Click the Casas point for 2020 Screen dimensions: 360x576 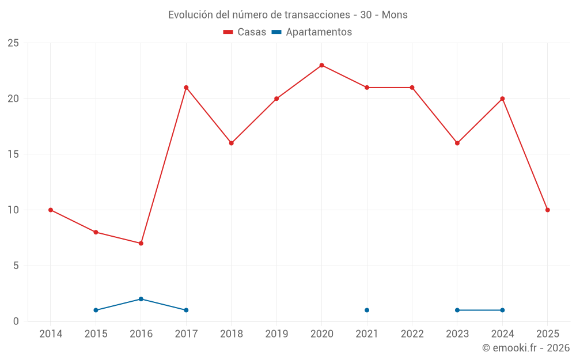pos(321,65)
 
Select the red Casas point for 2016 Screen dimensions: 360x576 pos(141,243)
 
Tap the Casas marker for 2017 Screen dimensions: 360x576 pos(186,88)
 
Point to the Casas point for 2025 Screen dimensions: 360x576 pos(547,210)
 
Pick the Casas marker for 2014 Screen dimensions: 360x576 pos(51,210)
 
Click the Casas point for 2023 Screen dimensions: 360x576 pos(457,143)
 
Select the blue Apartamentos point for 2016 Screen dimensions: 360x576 pos(141,299)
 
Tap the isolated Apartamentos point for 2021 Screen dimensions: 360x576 pos(367,310)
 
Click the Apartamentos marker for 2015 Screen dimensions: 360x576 pos(96,310)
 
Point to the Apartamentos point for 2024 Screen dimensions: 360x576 pos(502,310)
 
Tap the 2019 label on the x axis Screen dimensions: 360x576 pos(276,334)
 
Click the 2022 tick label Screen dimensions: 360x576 pos(412,334)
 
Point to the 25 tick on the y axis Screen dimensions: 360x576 pos(13,43)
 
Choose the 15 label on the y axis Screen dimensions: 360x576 pos(13,154)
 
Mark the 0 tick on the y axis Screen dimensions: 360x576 pos(16,321)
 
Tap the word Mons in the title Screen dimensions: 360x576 pos(395,15)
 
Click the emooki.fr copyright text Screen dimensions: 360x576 pos(526,348)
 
